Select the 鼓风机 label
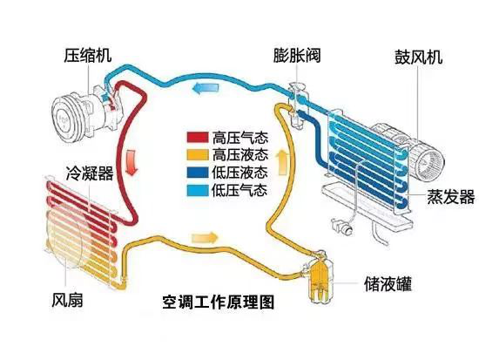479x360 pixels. click(x=418, y=58)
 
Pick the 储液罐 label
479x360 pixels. click(x=387, y=284)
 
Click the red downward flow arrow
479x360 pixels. click(x=132, y=161)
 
